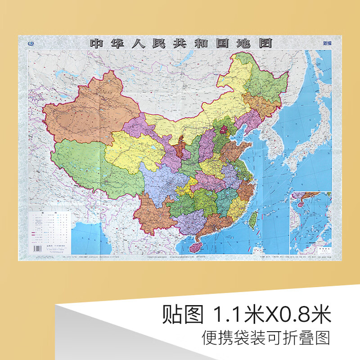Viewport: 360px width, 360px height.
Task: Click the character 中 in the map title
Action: [96, 44]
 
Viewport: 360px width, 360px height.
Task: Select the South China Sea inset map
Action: [310, 223]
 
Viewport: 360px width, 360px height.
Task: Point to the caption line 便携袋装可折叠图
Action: [266, 337]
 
